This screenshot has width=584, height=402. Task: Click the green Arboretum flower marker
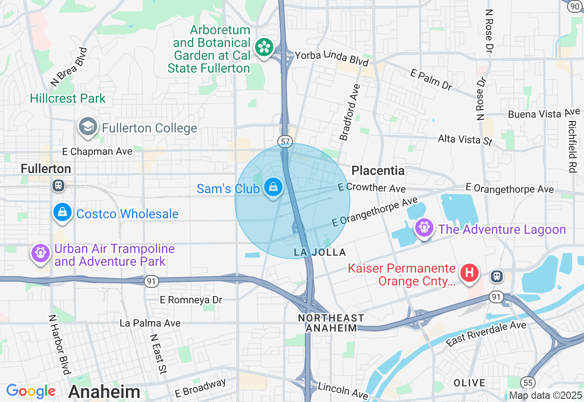click(x=264, y=48)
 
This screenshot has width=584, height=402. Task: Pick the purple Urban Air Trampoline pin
click(x=41, y=253)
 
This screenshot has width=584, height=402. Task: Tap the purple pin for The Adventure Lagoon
click(x=424, y=227)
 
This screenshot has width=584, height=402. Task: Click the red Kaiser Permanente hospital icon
click(x=469, y=273)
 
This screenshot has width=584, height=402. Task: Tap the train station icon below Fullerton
click(x=58, y=185)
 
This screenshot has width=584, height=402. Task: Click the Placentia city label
click(x=378, y=171)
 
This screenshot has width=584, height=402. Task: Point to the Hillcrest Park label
click(x=68, y=98)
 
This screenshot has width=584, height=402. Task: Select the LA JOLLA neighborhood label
click(x=320, y=252)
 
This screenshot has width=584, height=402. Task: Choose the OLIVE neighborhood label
click(x=469, y=382)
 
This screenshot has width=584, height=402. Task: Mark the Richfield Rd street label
click(x=573, y=146)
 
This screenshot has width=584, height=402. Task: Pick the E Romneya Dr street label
click(x=191, y=300)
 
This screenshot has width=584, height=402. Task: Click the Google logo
click(x=31, y=391)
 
